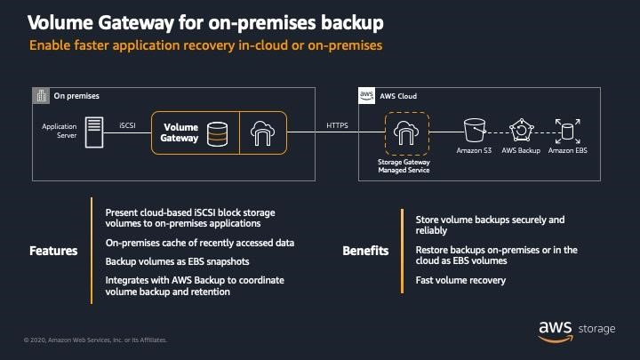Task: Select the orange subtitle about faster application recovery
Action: pos(206,45)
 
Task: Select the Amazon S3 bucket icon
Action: pos(475,131)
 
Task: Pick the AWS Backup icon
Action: pos(520,131)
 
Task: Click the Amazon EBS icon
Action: pos(566,131)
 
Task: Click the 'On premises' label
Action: pos(76,95)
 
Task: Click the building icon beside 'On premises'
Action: pos(41,95)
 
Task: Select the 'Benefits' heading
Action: pos(365,251)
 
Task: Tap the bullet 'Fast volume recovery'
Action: pos(460,281)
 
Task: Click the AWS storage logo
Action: pos(575,328)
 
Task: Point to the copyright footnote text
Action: pos(88,340)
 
